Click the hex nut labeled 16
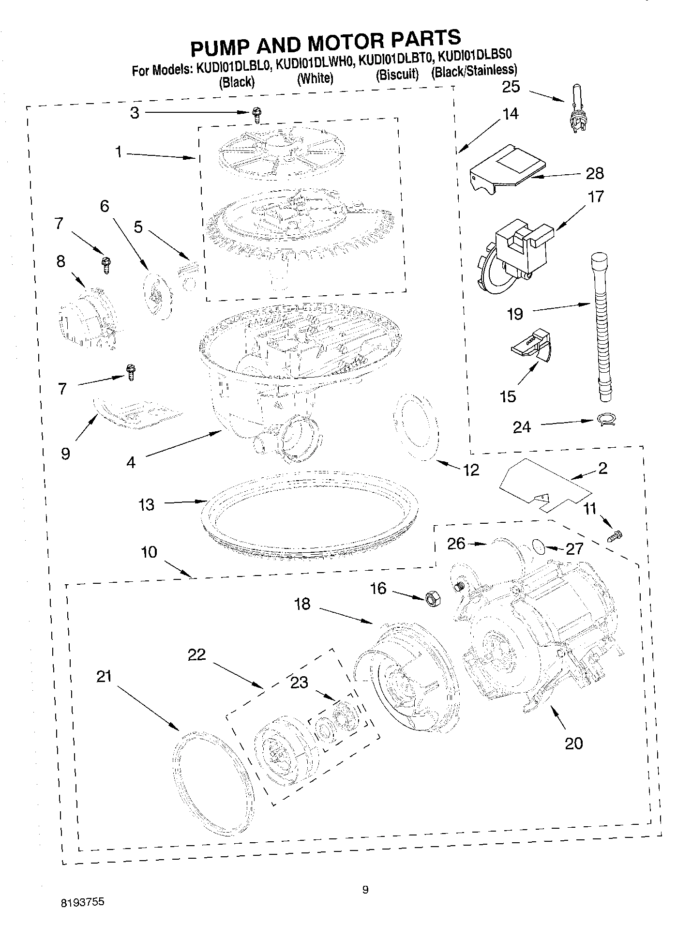431,599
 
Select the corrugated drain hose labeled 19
602,329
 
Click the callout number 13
146,504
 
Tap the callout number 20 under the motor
573,743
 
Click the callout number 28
595,173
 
